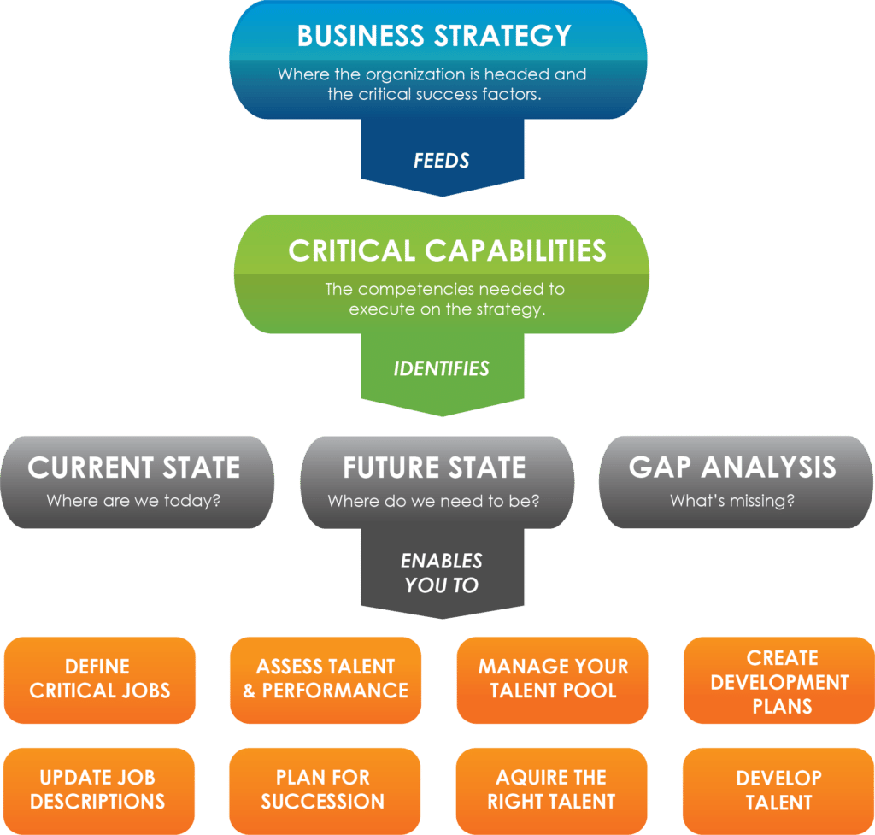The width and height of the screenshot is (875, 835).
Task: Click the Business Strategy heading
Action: tap(434, 36)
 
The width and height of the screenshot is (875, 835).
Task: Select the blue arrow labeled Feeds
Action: tap(441, 159)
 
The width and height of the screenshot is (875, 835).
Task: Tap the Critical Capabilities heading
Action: tap(447, 250)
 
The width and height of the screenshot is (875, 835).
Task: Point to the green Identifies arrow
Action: tap(441, 369)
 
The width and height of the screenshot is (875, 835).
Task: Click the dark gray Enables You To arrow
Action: tap(441, 573)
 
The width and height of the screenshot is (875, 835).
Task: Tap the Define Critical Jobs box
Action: tap(100, 679)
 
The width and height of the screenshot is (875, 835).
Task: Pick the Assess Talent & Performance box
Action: tap(326, 679)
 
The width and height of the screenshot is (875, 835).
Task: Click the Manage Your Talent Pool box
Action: tap(552, 679)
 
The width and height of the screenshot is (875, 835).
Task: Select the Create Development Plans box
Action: tap(778, 681)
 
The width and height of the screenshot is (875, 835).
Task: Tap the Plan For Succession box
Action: tap(323, 790)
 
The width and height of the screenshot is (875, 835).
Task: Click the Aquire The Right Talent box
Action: tap(551, 790)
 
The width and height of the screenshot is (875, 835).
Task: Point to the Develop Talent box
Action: tap(778, 790)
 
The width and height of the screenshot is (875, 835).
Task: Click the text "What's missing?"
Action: tap(732, 501)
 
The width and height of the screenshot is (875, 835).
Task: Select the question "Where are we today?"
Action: tap(134, 501)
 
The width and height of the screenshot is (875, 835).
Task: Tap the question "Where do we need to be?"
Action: tap(434, 501)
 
